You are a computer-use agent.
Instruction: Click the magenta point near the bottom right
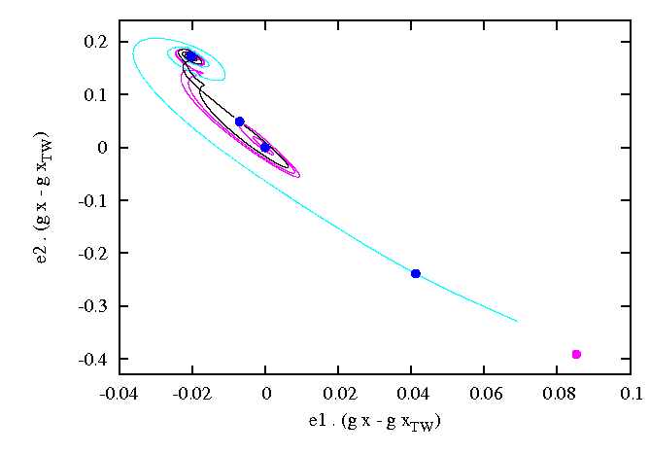(x=576, y=354)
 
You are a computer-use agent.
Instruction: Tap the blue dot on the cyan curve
(x=416, y=273)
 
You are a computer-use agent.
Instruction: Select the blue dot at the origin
(x=265, y=148)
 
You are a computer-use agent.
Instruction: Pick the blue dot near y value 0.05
(x=240, y=122)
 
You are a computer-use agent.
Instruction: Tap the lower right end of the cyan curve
(x=518, y=322)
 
